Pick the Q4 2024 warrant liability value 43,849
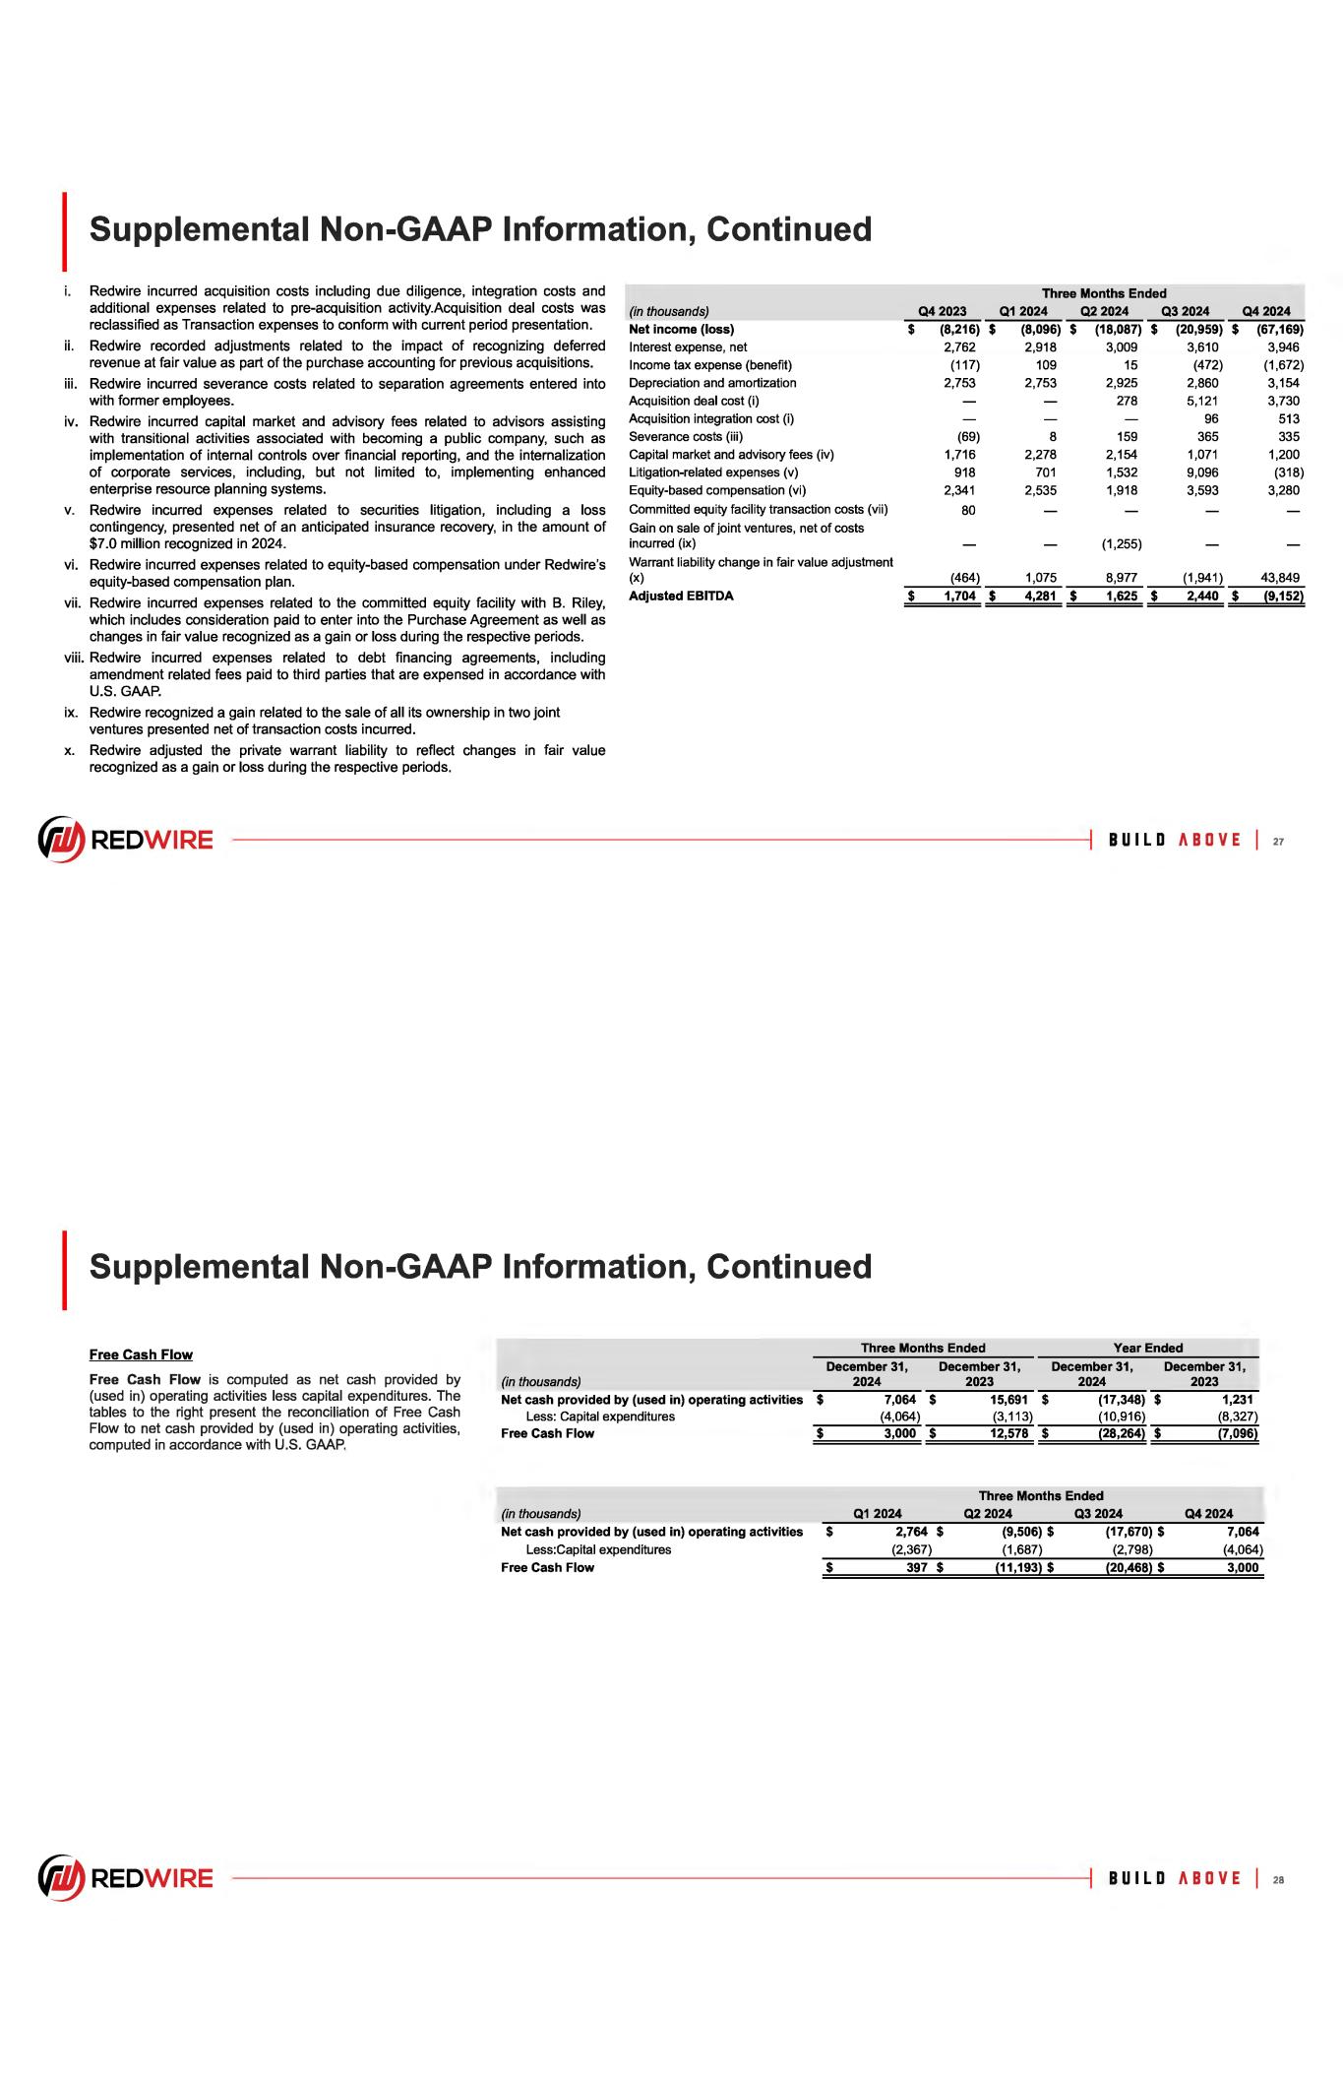(x=1280, y=578)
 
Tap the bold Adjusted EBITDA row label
(x=681, y=596)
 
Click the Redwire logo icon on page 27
(x=59, y=840)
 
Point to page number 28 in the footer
(x=1278, y=1878)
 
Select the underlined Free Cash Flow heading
(x=141, y=1354)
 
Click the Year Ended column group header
(x=1147, y=1348)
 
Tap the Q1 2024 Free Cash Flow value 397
(x=917, y=1567)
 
